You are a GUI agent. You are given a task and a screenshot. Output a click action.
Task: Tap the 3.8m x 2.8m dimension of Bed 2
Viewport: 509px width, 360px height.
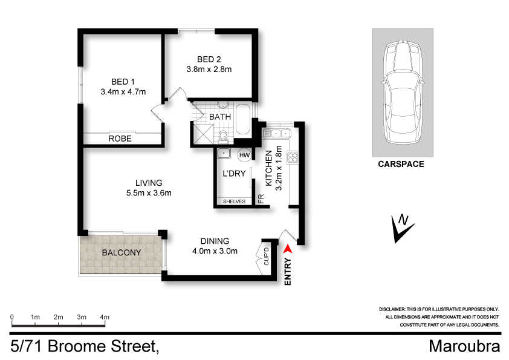(209, 70)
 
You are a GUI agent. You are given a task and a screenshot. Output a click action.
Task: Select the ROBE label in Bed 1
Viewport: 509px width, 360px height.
(120, 139)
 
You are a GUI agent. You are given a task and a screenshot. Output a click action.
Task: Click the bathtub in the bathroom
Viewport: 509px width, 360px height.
(242, 120)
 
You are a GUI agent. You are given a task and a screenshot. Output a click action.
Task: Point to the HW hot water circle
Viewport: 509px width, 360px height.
(244, 155)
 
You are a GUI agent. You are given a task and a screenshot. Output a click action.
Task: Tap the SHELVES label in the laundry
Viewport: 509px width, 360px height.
(234, 201)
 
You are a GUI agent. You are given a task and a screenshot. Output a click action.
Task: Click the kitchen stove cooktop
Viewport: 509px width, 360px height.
(293, 157)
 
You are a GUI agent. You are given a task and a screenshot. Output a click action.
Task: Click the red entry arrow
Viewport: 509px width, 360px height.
(288, 247)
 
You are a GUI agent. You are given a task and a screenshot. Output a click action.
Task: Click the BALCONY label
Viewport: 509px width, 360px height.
(121, 252)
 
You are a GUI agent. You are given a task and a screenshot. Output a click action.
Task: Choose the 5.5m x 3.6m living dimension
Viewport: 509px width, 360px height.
(148, 194)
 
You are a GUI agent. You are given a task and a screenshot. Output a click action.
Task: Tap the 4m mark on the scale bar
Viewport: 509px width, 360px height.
(104, 317)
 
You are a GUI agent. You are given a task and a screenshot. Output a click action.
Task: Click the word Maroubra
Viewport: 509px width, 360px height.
(464, 347)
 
